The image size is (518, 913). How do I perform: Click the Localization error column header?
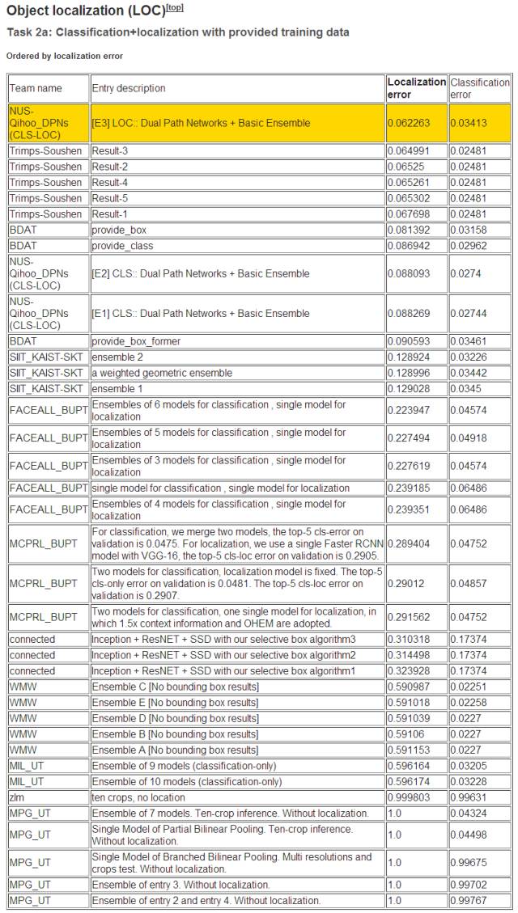pos(416,88)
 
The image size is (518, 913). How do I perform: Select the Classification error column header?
pos(479,88)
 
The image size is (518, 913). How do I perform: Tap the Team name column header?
pos(37,88)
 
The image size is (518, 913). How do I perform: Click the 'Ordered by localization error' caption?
pos(65,56)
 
